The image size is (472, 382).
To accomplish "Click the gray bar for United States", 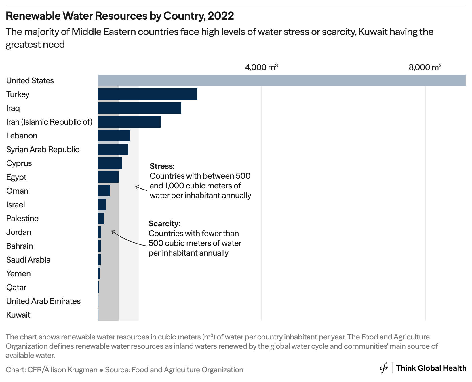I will [281, 80].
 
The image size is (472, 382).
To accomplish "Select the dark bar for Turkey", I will [148, 94].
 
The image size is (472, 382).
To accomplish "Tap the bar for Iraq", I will [140, 108].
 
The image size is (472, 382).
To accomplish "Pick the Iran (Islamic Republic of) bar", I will [129, 122].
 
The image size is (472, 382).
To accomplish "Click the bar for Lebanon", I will [114, 136].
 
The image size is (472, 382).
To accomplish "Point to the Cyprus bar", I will [110, 163].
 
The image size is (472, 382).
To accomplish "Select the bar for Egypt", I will [108, 177].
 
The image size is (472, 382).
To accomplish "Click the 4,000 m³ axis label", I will [261, 67].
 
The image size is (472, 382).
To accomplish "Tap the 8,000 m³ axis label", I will [425, 67].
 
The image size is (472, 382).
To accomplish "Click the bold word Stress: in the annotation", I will [162, 166].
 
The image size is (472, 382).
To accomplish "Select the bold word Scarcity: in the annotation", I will [164, 223].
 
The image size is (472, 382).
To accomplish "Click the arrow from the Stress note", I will [141, 188].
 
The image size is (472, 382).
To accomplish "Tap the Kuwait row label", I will [18, 315].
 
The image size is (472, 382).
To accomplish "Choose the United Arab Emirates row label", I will [43, 301].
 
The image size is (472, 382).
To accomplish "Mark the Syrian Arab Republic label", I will [43, 149].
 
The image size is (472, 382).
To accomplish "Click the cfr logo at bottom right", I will [384, 368].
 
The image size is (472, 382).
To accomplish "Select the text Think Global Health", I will [431, 368].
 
